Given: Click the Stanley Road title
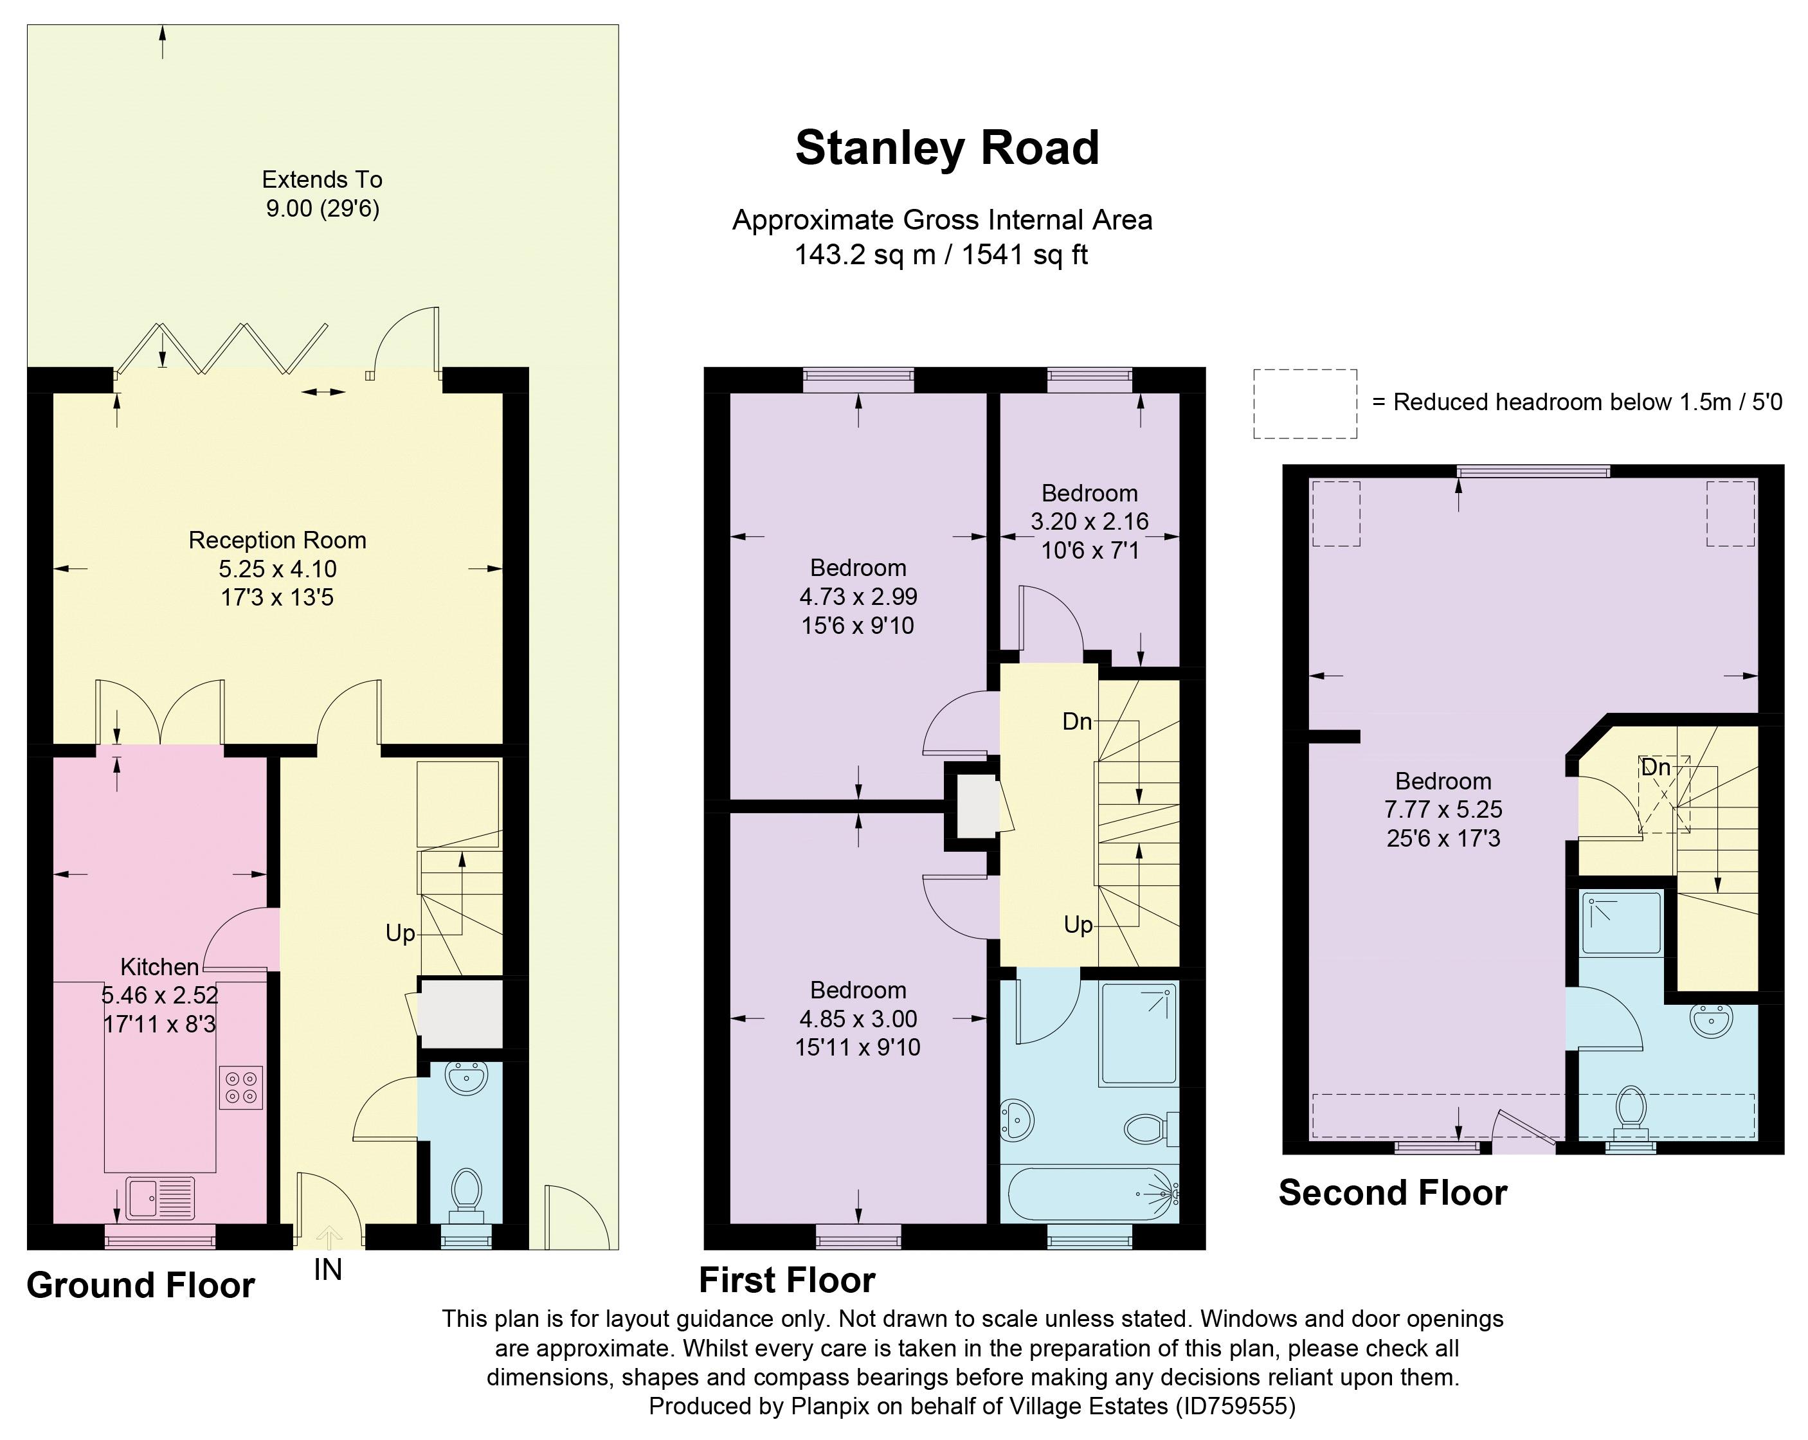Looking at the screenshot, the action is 947,148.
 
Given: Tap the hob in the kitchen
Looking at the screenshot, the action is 240,1087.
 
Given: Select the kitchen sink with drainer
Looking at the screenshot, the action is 159,1198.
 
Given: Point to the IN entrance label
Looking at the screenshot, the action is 328,1270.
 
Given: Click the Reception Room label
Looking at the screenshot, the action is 278,540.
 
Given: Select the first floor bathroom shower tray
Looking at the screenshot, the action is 1139,1034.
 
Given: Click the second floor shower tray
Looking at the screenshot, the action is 1621,923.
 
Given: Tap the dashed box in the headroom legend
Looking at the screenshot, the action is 1305,404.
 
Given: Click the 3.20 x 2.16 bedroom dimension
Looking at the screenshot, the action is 1089,521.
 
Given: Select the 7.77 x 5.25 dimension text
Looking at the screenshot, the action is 1443,809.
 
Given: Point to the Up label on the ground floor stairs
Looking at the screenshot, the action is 400,933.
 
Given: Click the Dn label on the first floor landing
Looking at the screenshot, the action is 1078,721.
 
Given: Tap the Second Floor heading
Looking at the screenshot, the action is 1393,1192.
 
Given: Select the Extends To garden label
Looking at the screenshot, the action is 322,179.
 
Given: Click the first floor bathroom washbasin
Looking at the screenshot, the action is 1017,1120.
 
